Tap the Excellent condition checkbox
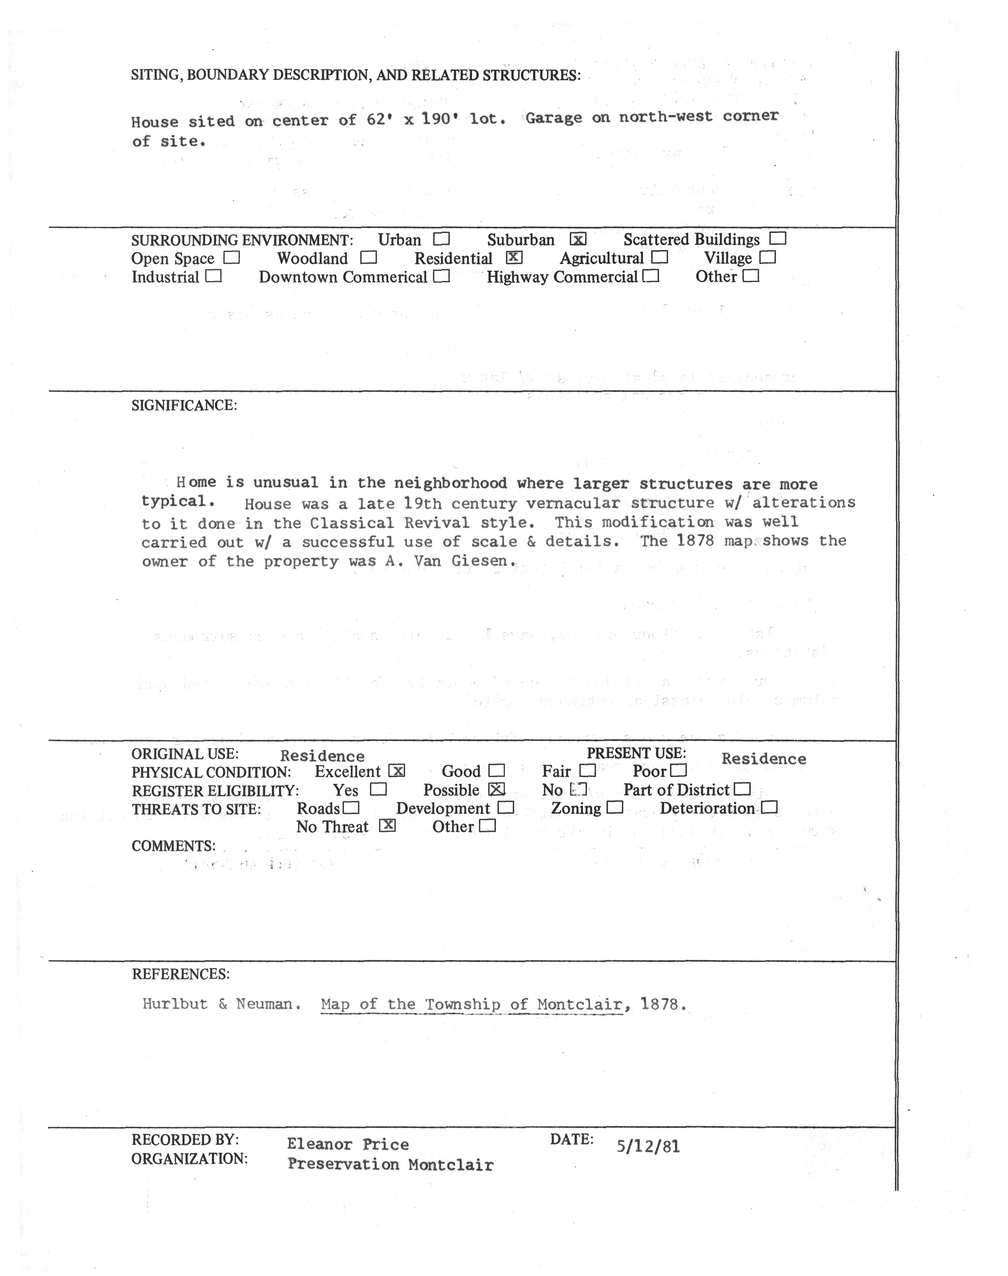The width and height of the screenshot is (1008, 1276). tap(397, 771)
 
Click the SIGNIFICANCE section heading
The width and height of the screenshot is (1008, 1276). tap(184, 406)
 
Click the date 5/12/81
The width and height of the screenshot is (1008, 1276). tap(648, 1147)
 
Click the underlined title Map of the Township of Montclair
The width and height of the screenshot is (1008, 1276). tap(472, 1004)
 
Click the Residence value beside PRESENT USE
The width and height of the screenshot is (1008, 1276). tap(764, 759)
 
